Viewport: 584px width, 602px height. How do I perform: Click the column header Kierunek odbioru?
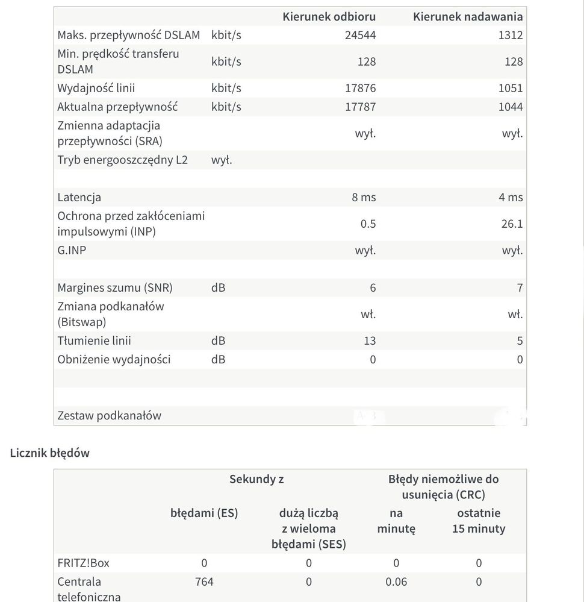(x=329, y=16)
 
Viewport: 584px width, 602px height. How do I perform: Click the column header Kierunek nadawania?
(x=468, y=16)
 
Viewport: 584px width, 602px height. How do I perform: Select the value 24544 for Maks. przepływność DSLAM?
(x=360, y=35)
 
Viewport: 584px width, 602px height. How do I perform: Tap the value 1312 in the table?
(x=511, y=35)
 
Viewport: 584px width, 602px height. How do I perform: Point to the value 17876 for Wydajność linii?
(x=360, y=88)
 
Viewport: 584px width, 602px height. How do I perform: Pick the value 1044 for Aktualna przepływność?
(x=511, y=107)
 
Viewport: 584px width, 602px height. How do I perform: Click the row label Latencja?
(x=79, y=197)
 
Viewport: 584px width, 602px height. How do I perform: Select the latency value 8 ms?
(x=364, y=197)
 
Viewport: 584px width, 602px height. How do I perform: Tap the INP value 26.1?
(x=511, y=224)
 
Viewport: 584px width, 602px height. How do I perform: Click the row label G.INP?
(x=72, y=249)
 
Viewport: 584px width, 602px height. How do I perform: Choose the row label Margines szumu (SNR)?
(x=114, y=287)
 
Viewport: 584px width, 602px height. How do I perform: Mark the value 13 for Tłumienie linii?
(x=370, y=340)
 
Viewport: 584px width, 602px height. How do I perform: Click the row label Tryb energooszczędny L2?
(x=122, y=160)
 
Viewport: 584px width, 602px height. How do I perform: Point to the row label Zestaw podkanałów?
(x=109, y=415)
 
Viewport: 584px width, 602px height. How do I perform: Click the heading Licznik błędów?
(x=50, y=453)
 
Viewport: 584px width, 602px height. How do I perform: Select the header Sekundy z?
(x=256, y=479)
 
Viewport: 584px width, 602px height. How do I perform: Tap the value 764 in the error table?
(x=204, y=582)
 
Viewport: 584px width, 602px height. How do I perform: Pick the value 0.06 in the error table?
(x=396, y=582)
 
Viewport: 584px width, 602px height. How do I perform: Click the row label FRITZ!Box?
(x=83, y=563)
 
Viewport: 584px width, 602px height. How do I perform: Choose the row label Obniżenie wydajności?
(x=114, y=359)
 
